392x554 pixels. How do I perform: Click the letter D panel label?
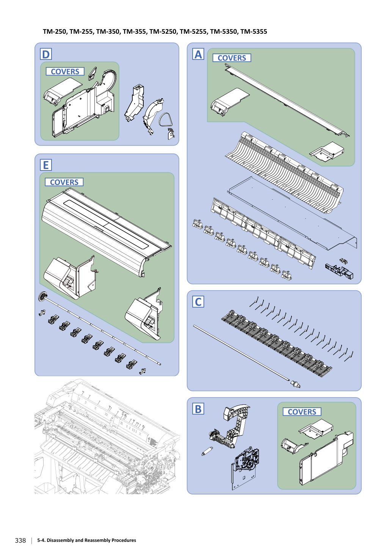pos(46,54)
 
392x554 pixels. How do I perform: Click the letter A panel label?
pos(198,54)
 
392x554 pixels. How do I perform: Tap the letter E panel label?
pos(46,165)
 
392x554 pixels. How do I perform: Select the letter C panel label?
pos(198,302)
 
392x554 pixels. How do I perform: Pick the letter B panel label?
pos(198,409)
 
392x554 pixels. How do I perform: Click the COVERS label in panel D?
pos(65,72)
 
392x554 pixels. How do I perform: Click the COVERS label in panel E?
pos(64,182)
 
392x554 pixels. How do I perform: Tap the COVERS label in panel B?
pos(302,412)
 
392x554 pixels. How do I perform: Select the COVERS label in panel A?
pos(232,58)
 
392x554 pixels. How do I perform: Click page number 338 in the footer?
pos(20,540)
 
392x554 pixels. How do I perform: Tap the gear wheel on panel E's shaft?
pos(42,296)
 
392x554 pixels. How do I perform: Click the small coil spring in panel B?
pos(207,451)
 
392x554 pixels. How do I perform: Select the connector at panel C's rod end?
pos(295,384)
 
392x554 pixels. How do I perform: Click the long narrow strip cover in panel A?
pos(287,100)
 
